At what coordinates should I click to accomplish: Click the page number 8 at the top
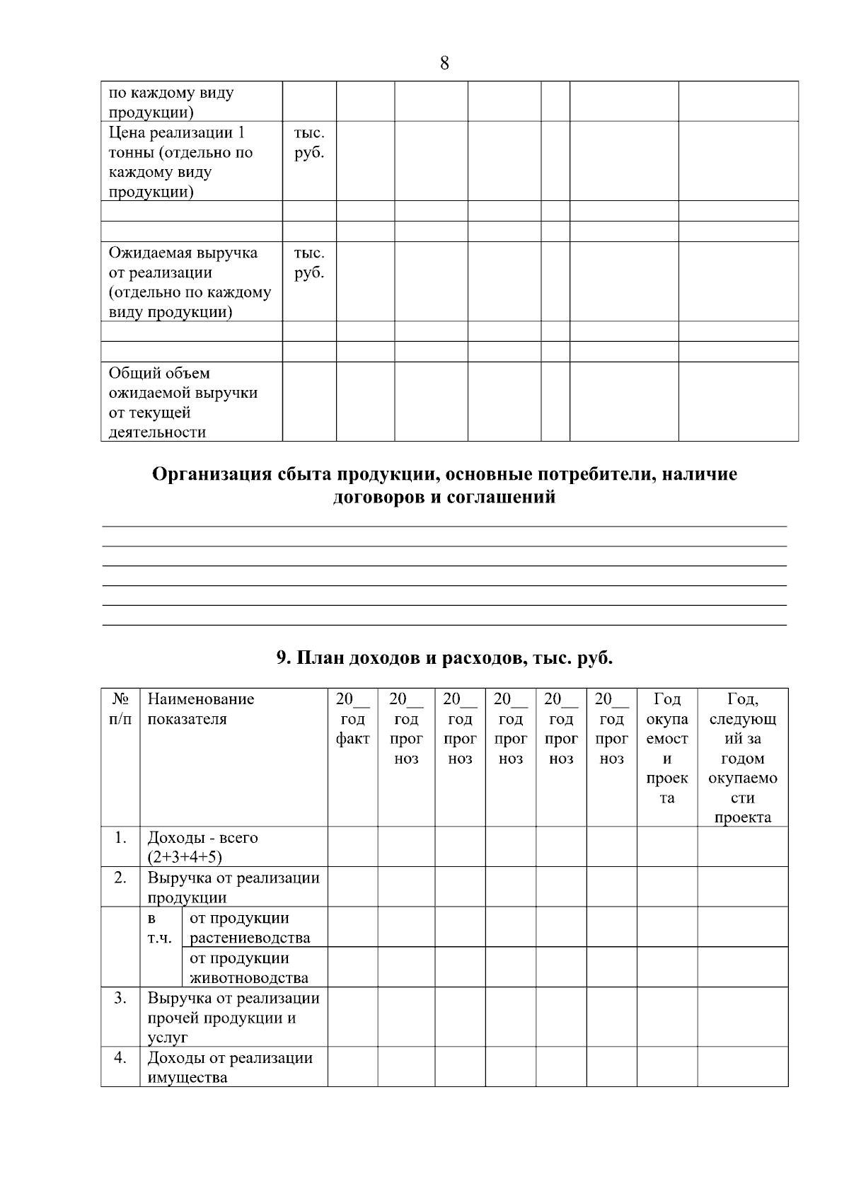point(444,64)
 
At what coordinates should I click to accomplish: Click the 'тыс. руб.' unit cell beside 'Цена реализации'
point(309,143)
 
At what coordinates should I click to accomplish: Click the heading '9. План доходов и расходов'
point(444,658)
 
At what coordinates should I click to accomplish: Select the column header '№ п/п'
point(120,709)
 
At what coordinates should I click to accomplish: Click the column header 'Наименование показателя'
point(200,709)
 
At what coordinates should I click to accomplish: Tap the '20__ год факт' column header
point(352,719)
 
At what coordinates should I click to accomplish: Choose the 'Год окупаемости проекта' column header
point(666,749)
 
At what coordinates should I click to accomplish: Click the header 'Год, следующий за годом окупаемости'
point(742,758)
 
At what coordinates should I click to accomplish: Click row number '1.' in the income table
point(120,838)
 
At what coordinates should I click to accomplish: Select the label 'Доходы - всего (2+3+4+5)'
point(202,847)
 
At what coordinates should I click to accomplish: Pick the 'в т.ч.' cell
point(156,929)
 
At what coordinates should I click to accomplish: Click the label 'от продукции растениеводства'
point(250,928)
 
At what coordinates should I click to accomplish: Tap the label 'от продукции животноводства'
point(249,968)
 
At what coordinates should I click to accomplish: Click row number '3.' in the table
point(120,999)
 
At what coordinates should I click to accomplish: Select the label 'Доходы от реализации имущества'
point(229,1067)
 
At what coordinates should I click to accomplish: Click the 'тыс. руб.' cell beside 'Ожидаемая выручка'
point(309,263)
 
